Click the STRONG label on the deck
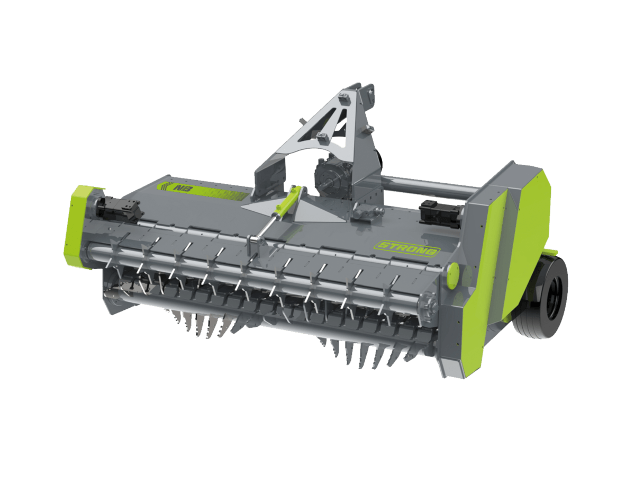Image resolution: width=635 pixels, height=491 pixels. [x=407, y=248]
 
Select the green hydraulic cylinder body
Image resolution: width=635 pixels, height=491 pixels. [x=287, y=202]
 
